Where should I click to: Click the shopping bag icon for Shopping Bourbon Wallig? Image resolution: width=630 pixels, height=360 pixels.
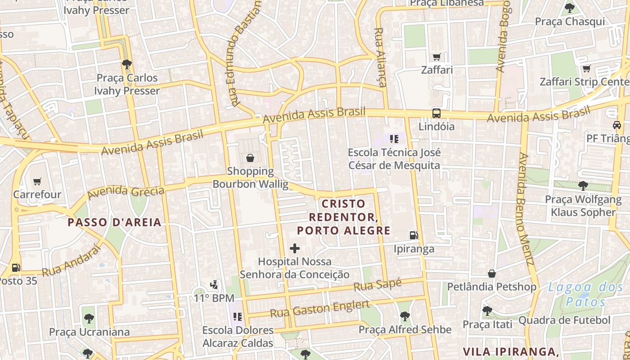click(x=250, y=158)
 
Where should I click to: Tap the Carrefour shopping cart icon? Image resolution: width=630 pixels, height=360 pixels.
click(x=37, y=182)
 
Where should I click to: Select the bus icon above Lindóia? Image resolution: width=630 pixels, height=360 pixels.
click(x=436, y=113)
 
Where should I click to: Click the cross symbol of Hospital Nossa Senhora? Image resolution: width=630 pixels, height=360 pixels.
click(x=295, y=248)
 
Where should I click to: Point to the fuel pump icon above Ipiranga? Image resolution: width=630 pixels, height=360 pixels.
click(x=414, y=235)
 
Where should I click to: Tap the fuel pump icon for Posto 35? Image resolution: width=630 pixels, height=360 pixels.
click(x=16, y=267)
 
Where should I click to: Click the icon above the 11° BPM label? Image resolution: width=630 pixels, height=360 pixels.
click(x=215, y=284)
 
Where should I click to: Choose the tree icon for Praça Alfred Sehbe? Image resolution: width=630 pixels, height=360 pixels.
click(x=405, y=316)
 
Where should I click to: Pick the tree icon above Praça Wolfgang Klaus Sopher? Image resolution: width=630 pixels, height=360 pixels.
click(x=583, y=185)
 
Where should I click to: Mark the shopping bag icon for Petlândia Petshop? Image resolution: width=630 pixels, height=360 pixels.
click(x=492, y=274)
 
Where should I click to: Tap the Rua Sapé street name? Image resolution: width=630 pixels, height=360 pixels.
click(x=377, y=285)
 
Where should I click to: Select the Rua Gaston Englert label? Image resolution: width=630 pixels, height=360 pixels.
click(x=319, y=309)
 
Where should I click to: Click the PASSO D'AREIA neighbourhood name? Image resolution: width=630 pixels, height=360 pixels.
click(x=114, y=222)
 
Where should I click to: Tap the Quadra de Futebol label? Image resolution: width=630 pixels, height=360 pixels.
click(x=564, y=320)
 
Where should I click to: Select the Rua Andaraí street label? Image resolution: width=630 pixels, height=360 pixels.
click(x=71, y=261)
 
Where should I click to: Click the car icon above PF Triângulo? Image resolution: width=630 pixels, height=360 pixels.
click(x=616, y=125)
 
